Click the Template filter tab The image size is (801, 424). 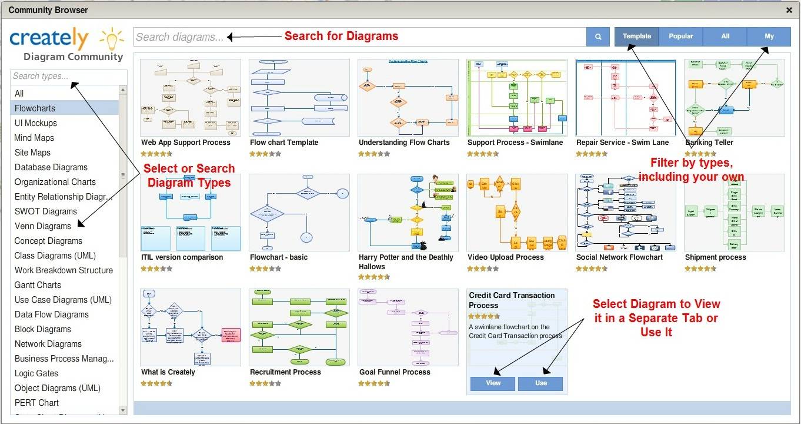637,37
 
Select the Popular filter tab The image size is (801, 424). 681,37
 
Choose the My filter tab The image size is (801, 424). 769,37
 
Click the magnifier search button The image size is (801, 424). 598,37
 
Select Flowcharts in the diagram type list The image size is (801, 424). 35,108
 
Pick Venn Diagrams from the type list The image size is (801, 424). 43,226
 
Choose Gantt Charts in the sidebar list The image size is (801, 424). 38,285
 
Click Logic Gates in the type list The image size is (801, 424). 36,373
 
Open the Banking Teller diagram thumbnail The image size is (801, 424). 734,98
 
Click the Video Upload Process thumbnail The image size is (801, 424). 516,213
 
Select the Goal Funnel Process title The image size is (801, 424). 395,372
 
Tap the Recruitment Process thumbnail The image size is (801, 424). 299,327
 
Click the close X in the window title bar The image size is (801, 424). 789,10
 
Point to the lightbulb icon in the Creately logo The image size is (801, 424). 112,39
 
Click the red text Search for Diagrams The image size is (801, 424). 341,37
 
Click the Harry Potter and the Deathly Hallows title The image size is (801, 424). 406,262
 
